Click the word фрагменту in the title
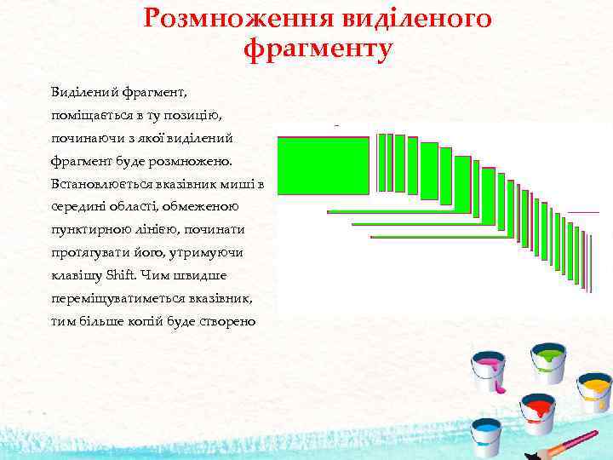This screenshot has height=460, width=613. point(318,49)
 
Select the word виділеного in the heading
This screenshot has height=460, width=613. point(410,18)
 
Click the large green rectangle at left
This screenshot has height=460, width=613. point(324,165)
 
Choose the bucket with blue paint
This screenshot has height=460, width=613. point(486,435)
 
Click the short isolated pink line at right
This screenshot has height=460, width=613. point(583,211)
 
